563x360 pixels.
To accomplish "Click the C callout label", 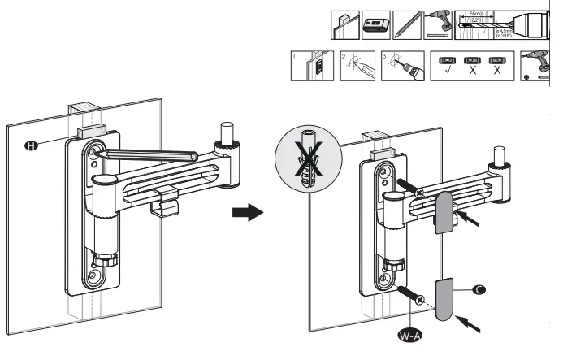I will click(478, 290).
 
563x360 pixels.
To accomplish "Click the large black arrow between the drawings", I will click(249, 213).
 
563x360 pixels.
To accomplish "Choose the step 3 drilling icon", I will click(401, 67).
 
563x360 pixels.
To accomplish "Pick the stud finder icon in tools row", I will click(375, 25).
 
